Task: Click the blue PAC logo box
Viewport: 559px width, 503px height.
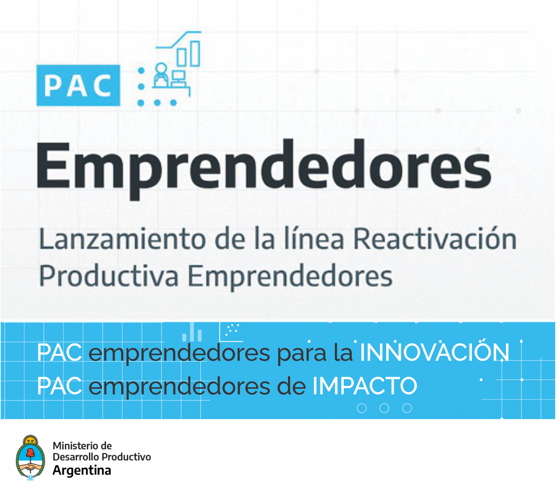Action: [78, 85]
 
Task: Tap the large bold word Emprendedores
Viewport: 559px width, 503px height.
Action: [264, 169]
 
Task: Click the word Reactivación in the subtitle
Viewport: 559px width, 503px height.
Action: [435, 238]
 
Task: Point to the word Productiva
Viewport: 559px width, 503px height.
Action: [109, 276]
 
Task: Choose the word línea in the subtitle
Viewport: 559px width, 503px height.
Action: [314, 238]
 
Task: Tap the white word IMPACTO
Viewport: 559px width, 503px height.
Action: [364, 386]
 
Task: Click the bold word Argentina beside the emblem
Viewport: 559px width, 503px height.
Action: [82, 470]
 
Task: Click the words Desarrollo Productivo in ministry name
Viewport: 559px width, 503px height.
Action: [102, 457]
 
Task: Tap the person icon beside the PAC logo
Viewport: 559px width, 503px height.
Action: [161, 75]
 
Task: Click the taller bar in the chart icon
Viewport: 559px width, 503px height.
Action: [195, 54]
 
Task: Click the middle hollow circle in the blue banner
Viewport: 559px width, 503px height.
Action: [384, 408]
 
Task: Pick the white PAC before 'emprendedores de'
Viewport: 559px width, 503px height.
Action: [59, 386]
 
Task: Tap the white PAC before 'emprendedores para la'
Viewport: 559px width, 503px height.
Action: [59, 353]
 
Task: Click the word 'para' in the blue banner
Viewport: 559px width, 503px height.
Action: [302, 354]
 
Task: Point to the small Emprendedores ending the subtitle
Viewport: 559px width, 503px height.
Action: [290, 276]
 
